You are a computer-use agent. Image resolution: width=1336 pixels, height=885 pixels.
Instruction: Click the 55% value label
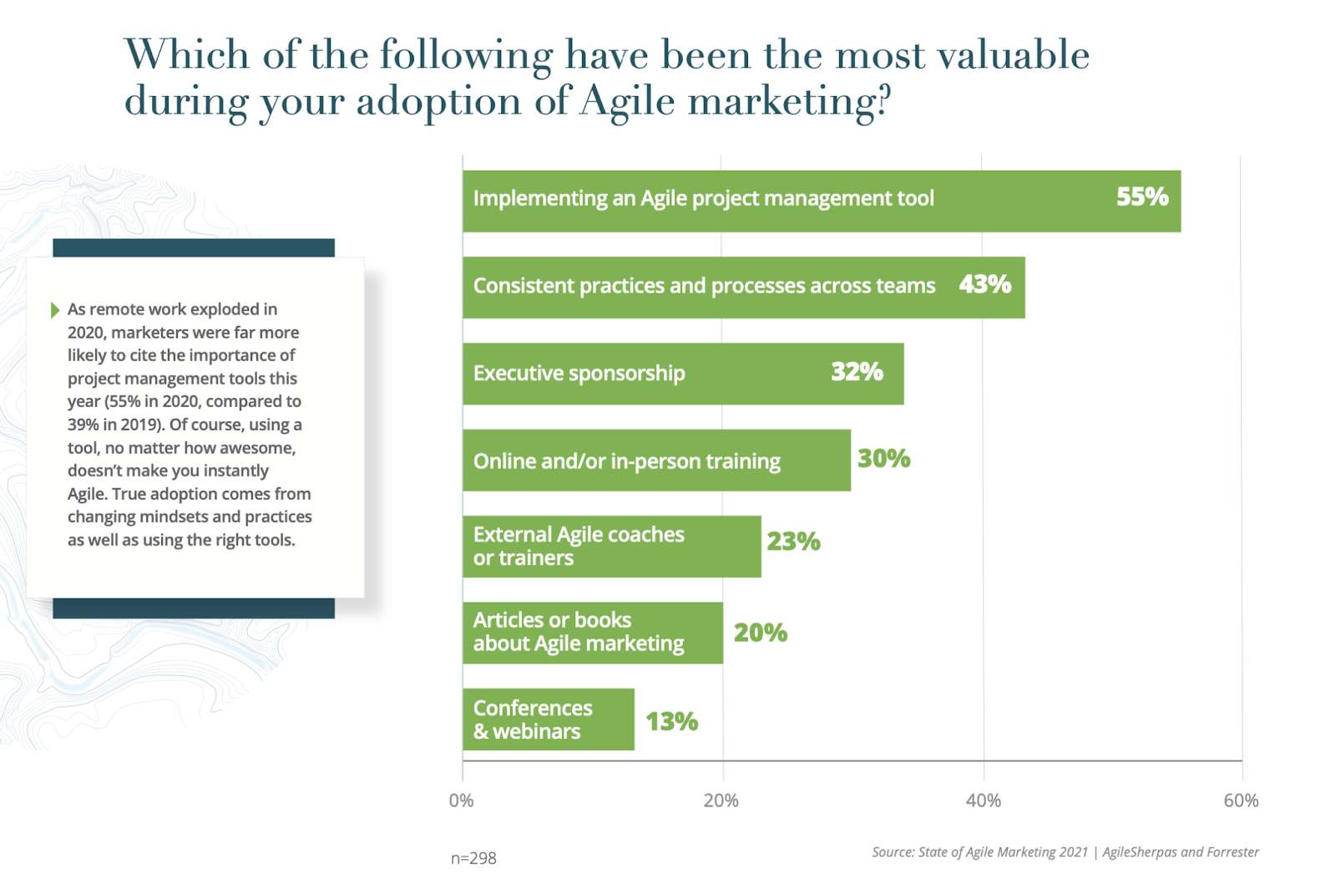[1141, 197]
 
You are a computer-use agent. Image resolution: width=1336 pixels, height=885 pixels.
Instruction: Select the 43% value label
[984, 285]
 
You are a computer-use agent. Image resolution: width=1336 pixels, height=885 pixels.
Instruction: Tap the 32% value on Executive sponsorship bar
[857, 372]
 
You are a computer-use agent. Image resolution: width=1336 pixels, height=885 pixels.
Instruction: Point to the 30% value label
[883, 459]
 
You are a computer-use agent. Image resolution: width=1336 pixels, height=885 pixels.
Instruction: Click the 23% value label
[793, 542]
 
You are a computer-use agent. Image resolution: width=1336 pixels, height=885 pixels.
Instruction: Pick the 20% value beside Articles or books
[760, 633]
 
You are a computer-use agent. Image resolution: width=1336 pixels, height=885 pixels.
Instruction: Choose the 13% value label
[671, 721]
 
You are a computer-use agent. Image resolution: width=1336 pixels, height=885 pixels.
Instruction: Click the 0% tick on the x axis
[462, 801]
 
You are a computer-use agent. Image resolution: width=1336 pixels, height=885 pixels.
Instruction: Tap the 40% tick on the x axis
[983, 801]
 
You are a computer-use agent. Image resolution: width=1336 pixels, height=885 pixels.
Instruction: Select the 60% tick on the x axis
[1241, 801]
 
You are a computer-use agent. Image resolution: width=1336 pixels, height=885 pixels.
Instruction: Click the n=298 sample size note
[473, 858]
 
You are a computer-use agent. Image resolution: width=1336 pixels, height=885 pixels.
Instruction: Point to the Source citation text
[1065, 852]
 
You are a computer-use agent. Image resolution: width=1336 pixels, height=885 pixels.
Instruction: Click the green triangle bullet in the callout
[55, 310]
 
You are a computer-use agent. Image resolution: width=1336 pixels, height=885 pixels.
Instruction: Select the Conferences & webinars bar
[549, 720]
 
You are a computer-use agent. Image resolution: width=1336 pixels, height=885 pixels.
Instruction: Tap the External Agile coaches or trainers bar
[612, 547]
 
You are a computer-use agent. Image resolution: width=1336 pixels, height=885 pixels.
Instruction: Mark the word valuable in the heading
[1012, 55]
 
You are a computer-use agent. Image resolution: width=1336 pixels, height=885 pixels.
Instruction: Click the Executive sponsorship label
[579, 373]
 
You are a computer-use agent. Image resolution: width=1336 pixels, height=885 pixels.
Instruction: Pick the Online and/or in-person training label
[626, 461]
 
